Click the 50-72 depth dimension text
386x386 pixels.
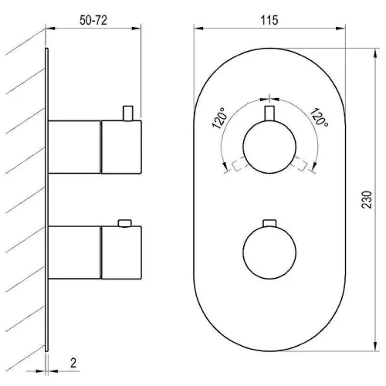click(93, 20)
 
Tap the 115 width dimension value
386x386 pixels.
click(269, 20)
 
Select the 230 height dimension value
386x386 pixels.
click(367, 199)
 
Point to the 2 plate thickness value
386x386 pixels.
click(73, 363)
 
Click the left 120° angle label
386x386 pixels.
click(219, 118)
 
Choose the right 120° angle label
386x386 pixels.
click(319, 117)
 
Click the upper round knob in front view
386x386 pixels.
click(269, 147)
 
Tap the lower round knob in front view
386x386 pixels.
click(269, 252)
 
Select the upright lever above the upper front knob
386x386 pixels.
click(269, 113)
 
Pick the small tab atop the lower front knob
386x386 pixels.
click(269, 223)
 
